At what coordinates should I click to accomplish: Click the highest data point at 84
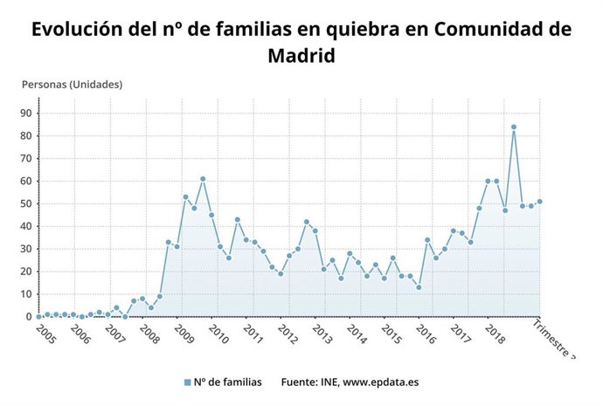click(514, 127)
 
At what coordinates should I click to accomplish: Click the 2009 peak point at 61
click(203, 179)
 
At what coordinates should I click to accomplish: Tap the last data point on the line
click(540, 202)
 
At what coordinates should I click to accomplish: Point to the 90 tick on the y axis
click(27, 114)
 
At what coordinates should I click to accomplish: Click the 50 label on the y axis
click(27, 204)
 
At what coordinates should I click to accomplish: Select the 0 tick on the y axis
click(30, 317)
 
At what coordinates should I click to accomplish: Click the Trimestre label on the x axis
click(556, 341)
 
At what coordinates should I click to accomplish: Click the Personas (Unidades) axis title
click(72, 85)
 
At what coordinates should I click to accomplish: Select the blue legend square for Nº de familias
click(187, 382)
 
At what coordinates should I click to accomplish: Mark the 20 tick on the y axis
click(27, 272)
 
